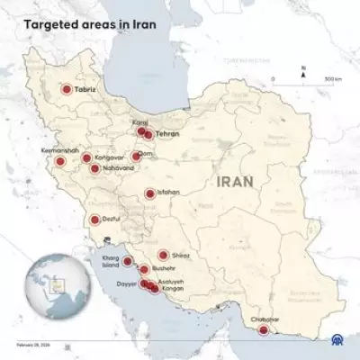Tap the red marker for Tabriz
(x=66, y=89)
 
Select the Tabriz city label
(x=85, y=89)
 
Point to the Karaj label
(x=139, y=121)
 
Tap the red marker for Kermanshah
(x=59, y=162)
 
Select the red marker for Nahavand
(x=94, y=167)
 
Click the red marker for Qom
(x=136, y=156)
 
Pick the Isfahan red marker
(x=149, y=193)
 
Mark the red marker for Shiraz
(x=163, y=255)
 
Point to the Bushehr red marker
(x=143, y=269)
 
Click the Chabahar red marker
(x=263, y=330)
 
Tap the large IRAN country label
(x=234, y=182)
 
